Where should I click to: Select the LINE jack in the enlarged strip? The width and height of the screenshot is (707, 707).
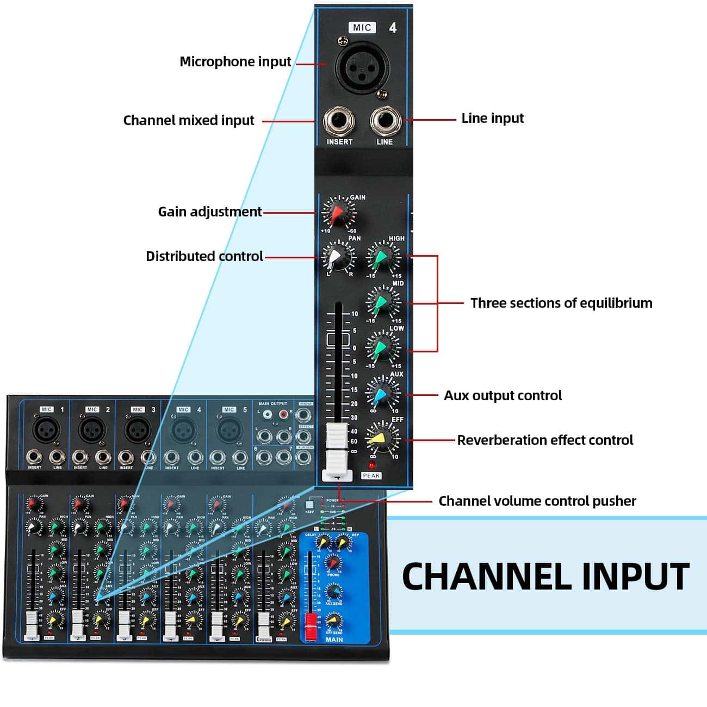[x=384, y=121]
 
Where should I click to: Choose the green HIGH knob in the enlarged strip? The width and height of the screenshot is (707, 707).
[x=382, y=257]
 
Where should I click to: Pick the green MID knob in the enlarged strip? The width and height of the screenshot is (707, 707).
[x=382, y=302]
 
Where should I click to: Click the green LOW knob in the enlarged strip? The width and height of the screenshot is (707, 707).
[x=382, y=347]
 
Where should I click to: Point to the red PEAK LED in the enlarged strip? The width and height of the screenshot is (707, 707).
[x=371, y=466]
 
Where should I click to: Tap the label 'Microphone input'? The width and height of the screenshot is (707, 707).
[x=235, y=61]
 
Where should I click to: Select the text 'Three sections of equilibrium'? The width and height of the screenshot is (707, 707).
[x=561, y=303]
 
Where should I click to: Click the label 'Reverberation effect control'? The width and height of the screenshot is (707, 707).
[x=545, y=440]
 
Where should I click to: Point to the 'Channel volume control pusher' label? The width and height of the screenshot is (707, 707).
[x=537, y=501]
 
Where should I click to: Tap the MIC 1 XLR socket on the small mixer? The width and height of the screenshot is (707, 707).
[x=43, y=430]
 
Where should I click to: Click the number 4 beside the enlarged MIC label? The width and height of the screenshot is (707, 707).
[x=393, y=27]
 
